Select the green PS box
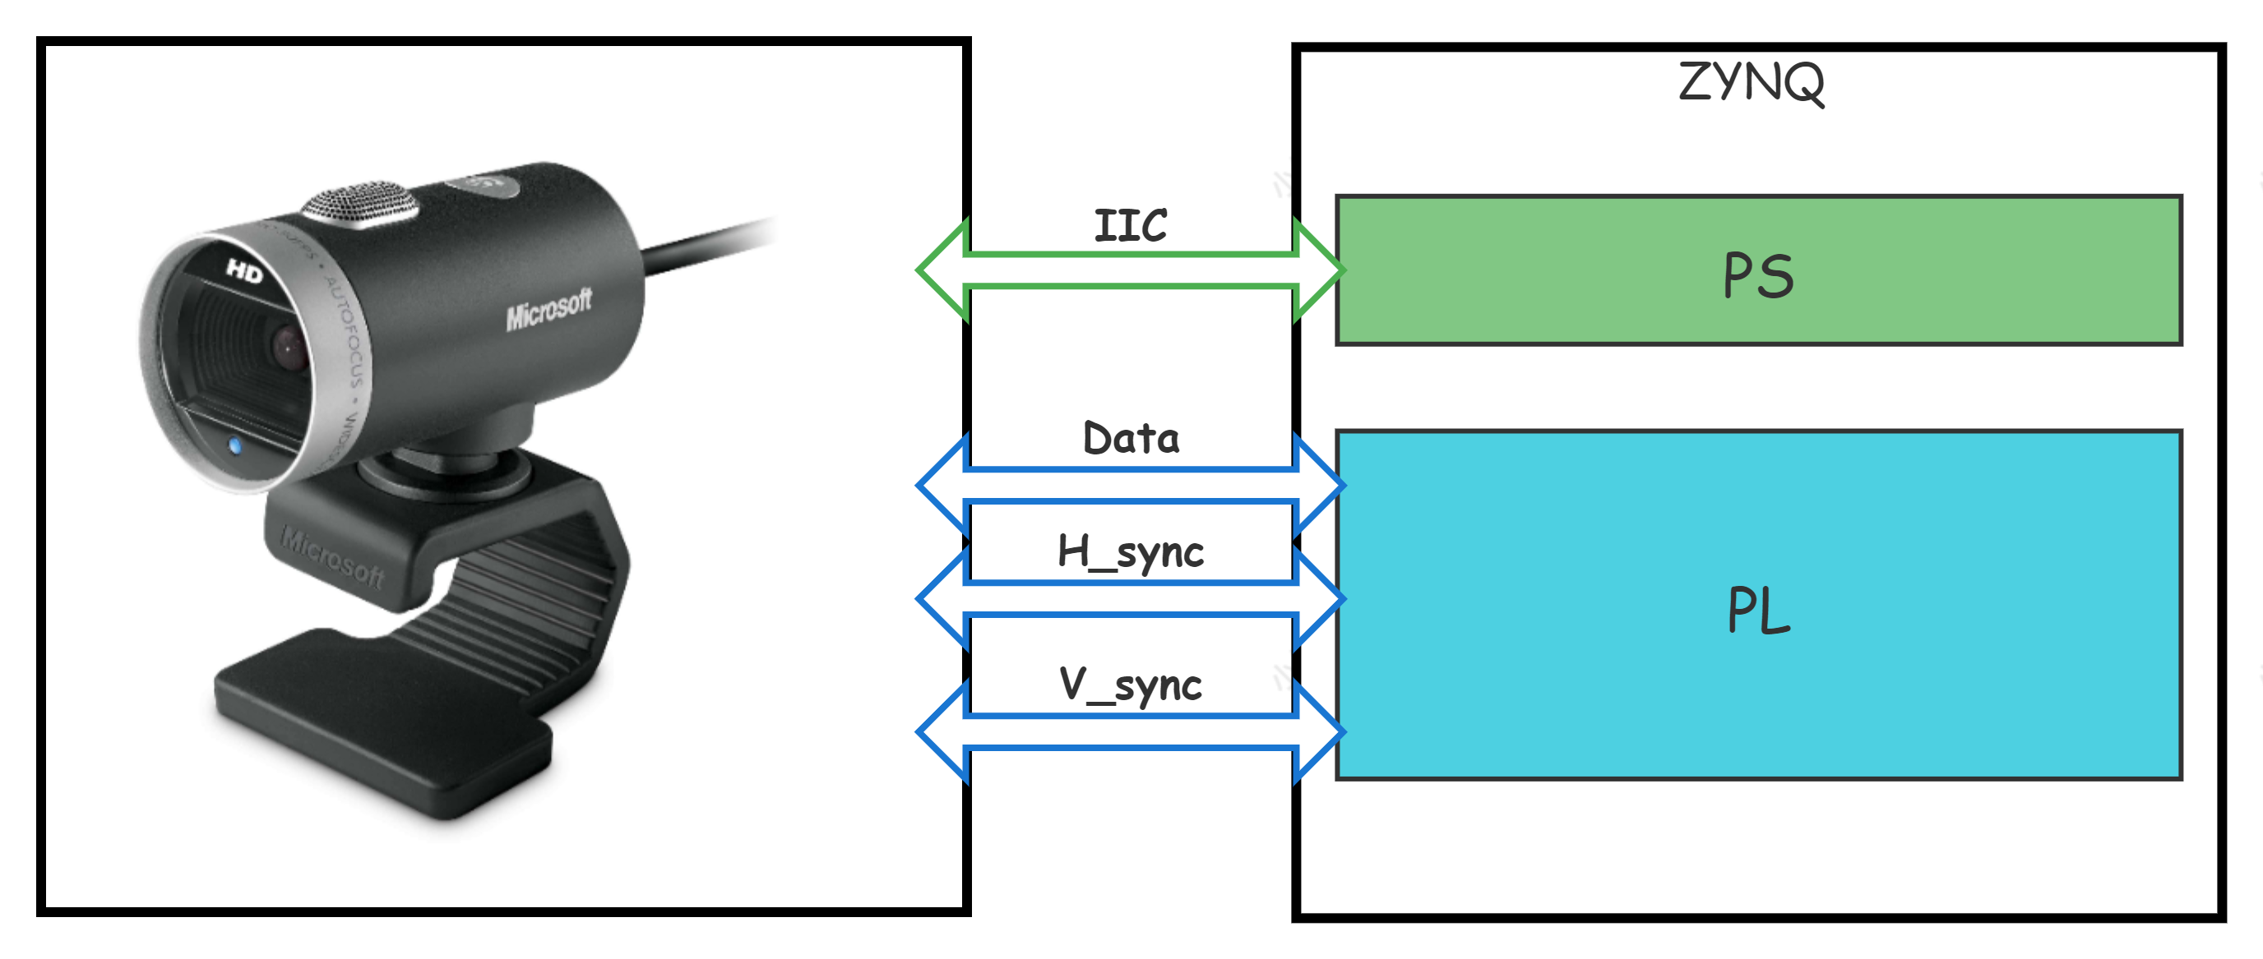(1758, 270)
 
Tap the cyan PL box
(1758, 605)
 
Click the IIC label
(1131, 226)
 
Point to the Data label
(1131, 437)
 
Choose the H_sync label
(1131, 551)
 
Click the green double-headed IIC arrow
(1131, 270)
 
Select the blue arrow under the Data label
(1131, 484)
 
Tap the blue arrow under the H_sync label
(1131, 597)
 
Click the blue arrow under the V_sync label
(1131, 731)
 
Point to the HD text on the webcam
(244, 271)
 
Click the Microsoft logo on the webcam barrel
(548, 309)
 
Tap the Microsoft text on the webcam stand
(332, 556)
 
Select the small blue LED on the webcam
(234, 446)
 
